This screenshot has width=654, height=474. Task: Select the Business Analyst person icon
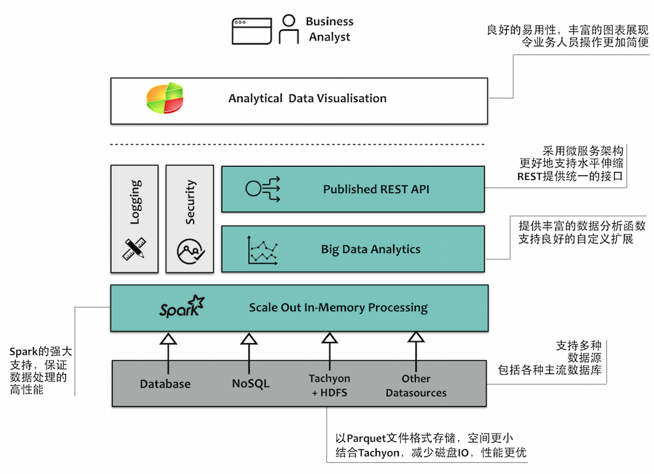click(x=288, y=30)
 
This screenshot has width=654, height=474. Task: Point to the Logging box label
click(x=135, y=203)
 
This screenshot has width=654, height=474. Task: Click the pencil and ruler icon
click(x=135, y=249)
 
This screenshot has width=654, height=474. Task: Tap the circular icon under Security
click(x=190, y=250)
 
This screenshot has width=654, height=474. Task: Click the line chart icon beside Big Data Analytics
click(x=264, y=250)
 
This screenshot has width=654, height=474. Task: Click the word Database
click(x=165, y=384)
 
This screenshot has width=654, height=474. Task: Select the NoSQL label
click(x=250, y=384)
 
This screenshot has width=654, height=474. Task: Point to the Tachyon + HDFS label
click(x=330, y=385)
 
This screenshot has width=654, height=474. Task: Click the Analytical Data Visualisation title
click(x=307, y=99)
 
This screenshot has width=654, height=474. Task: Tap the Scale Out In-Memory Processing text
click(x=338, y=307)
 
